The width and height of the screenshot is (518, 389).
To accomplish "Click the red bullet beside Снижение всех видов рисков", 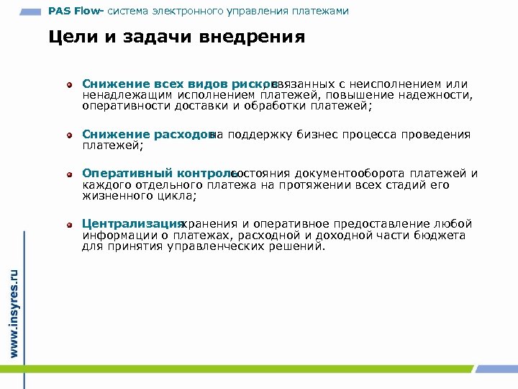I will pyautogui.click(x=70, y=85).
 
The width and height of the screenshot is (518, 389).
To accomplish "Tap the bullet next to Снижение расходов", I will pyautogui.click(x=70, y=135).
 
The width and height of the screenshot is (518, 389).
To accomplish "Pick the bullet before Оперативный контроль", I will pyautogui.click(x=70, y=174).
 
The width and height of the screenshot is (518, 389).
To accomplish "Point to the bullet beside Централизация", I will pyautogui.click(x=70, y=225).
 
